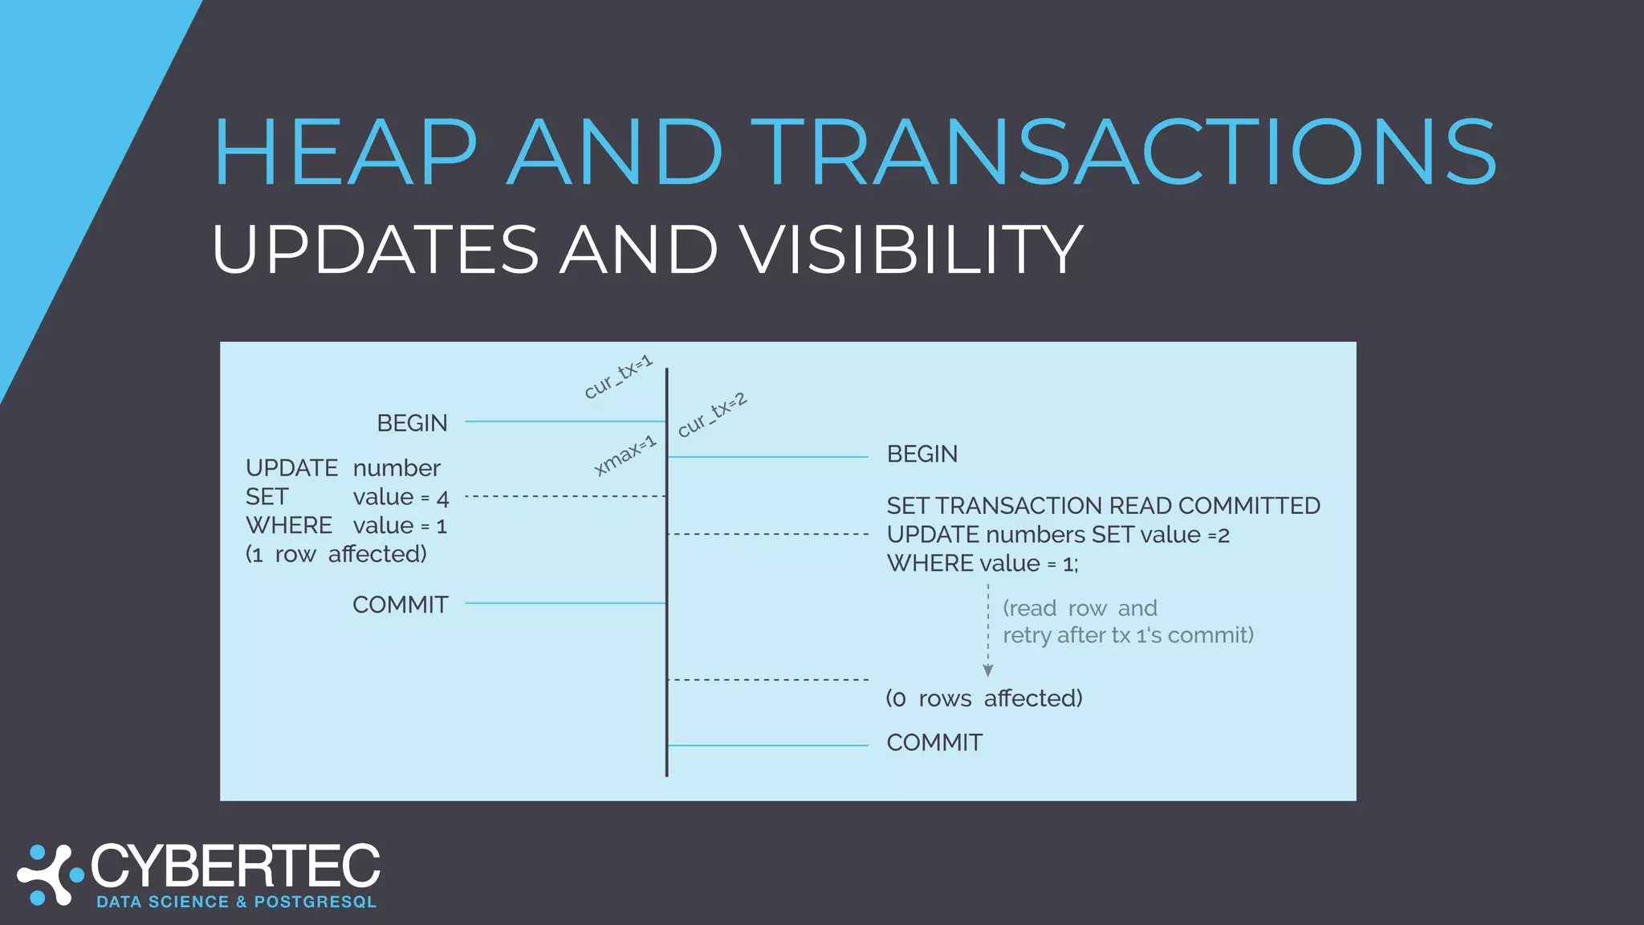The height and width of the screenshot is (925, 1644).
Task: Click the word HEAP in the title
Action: coord(345,153)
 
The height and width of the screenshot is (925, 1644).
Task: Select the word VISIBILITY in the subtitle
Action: coord(911,250)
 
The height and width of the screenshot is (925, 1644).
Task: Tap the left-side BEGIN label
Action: coord(412,423)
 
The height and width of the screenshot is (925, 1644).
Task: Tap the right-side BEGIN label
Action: coord(922,454)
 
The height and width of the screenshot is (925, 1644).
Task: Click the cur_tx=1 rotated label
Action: coord(617,377)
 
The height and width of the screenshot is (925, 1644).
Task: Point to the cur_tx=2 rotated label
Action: coord(711,415)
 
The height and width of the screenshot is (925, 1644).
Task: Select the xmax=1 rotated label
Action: coord(625,456)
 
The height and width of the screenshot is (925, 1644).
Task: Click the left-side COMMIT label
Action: coord(400,605)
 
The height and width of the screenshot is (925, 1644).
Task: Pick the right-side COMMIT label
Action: coord(934,743)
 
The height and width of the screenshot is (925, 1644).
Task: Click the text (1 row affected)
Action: coord(336,554)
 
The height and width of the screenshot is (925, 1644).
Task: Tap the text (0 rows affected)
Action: coord(983,699)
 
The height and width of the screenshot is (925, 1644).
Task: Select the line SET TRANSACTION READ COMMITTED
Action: coord(1102,506)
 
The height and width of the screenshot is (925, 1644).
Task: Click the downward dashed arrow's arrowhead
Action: coord(988,670)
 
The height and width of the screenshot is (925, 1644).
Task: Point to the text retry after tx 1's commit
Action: coord(1127,635)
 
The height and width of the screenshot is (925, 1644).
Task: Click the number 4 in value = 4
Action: coord(442,499)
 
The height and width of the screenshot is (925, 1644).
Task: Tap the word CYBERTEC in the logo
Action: coord(235,867)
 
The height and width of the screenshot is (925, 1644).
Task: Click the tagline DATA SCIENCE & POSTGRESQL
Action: coord(236,902)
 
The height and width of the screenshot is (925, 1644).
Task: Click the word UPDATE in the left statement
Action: coord(291,468)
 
